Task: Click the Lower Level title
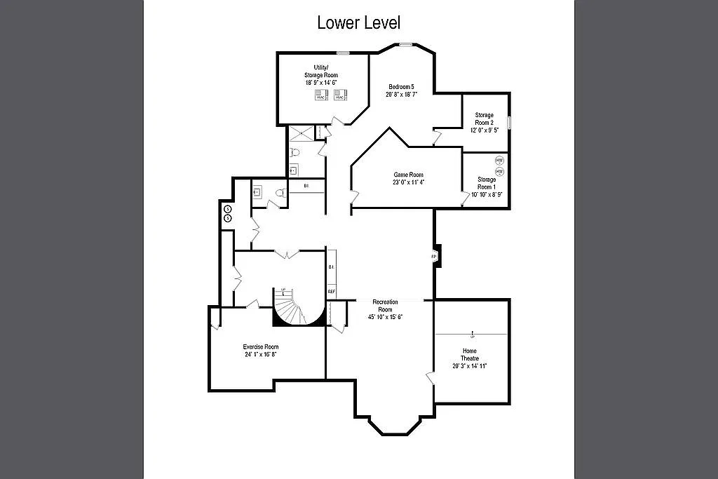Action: tap(358, 22)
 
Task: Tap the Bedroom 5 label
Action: tap(402, 86)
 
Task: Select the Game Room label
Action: tap(407, 175)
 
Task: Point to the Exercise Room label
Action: tap(260, 346)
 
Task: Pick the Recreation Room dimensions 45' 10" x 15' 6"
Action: tap(386, 317)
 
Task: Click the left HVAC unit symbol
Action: tap(321, 95)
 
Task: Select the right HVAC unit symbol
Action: tap(341, 95)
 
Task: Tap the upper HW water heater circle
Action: tap(499, 160)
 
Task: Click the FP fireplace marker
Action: tap(434, 257)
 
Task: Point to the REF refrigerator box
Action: tap(331, 291)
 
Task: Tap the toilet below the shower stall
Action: tap(295, 152)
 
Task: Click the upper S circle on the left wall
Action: tap(227, 209)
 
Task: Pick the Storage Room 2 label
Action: tap(484, 119)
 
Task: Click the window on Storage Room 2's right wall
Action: tap(509, 122)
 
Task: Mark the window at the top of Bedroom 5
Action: tap(405, 45)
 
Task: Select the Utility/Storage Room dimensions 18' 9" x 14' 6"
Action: tap(321, 82)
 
